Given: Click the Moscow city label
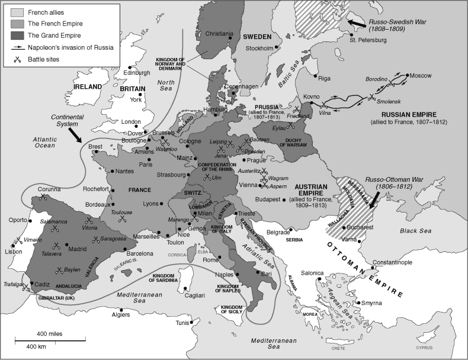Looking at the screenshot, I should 421,76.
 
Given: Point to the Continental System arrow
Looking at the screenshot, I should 76,134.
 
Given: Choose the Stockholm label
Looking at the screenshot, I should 258,48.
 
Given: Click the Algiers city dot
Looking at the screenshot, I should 121,309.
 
